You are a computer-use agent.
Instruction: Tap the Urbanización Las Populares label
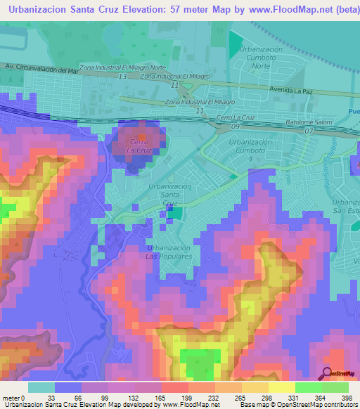point(169,252)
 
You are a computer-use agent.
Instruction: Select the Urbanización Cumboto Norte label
point(260,60)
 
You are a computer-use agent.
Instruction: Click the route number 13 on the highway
point(122,76)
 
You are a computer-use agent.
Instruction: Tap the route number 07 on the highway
point(308,131)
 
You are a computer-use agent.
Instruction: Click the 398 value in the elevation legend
point(347,398)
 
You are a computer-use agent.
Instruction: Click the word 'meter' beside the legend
point(11,398)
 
